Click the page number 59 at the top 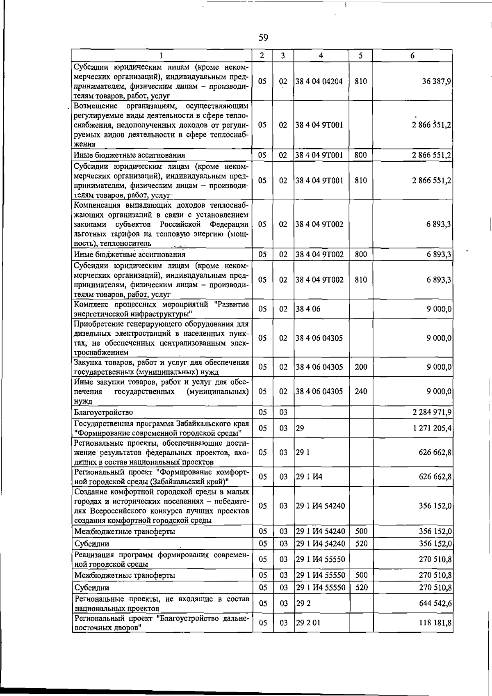263,38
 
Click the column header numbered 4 321,55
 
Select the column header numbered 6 412,55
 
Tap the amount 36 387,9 437,81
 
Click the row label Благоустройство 103,412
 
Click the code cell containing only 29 300,428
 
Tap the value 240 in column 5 361,391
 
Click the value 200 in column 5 361,367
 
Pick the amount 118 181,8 435,623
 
